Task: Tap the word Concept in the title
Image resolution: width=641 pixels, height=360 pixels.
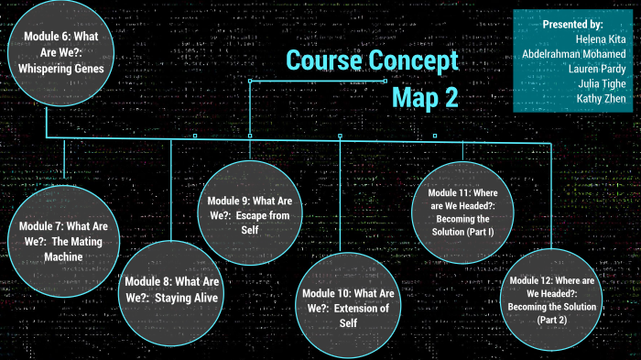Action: point(411,60)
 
